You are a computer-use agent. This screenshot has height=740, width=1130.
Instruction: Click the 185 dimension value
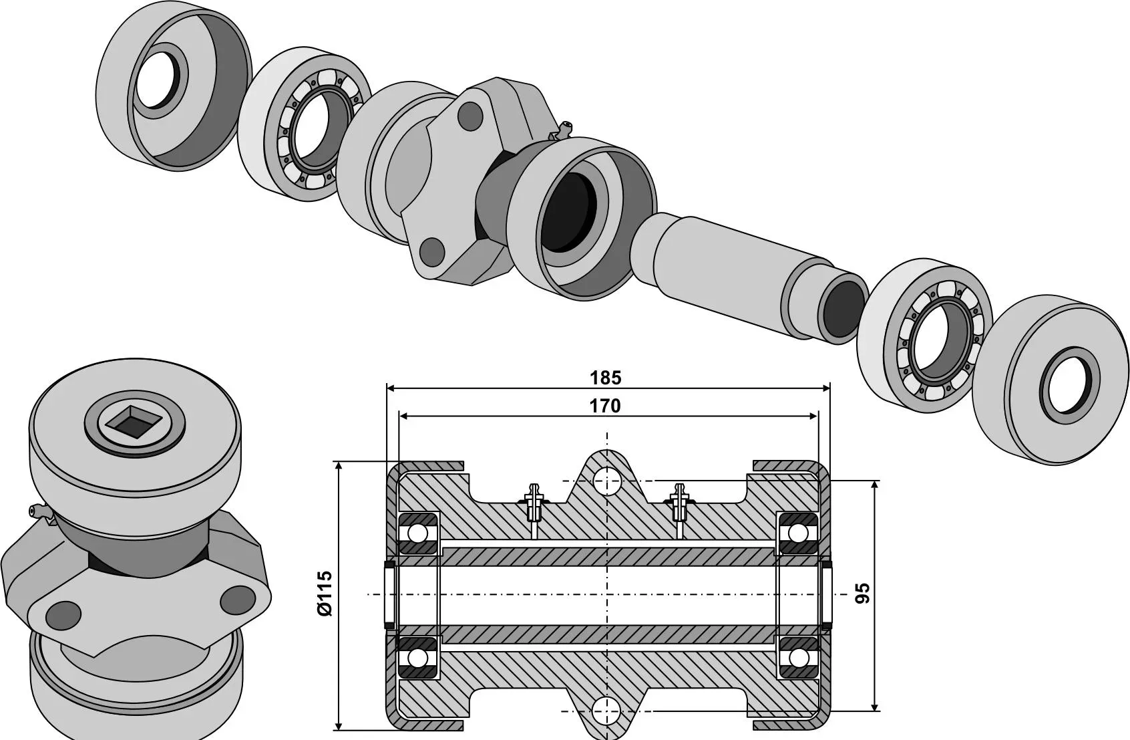click(x=605, y=378)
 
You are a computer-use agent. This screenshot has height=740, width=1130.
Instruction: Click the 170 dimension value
click(x=605, y=406)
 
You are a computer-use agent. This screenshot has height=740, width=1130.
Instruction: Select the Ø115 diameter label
click(x=325, y=594)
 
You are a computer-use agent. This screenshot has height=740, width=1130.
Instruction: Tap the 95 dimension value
click(x=863, y=593)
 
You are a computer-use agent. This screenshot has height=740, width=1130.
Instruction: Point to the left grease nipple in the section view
click(x=532, y=503)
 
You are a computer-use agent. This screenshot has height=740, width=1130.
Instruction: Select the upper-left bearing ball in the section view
click(x=418, y=533)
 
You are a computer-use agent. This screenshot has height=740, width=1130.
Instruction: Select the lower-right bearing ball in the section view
click(x=797, y=658)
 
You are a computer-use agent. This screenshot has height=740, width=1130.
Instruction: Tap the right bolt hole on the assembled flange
click(x=237, y=600)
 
